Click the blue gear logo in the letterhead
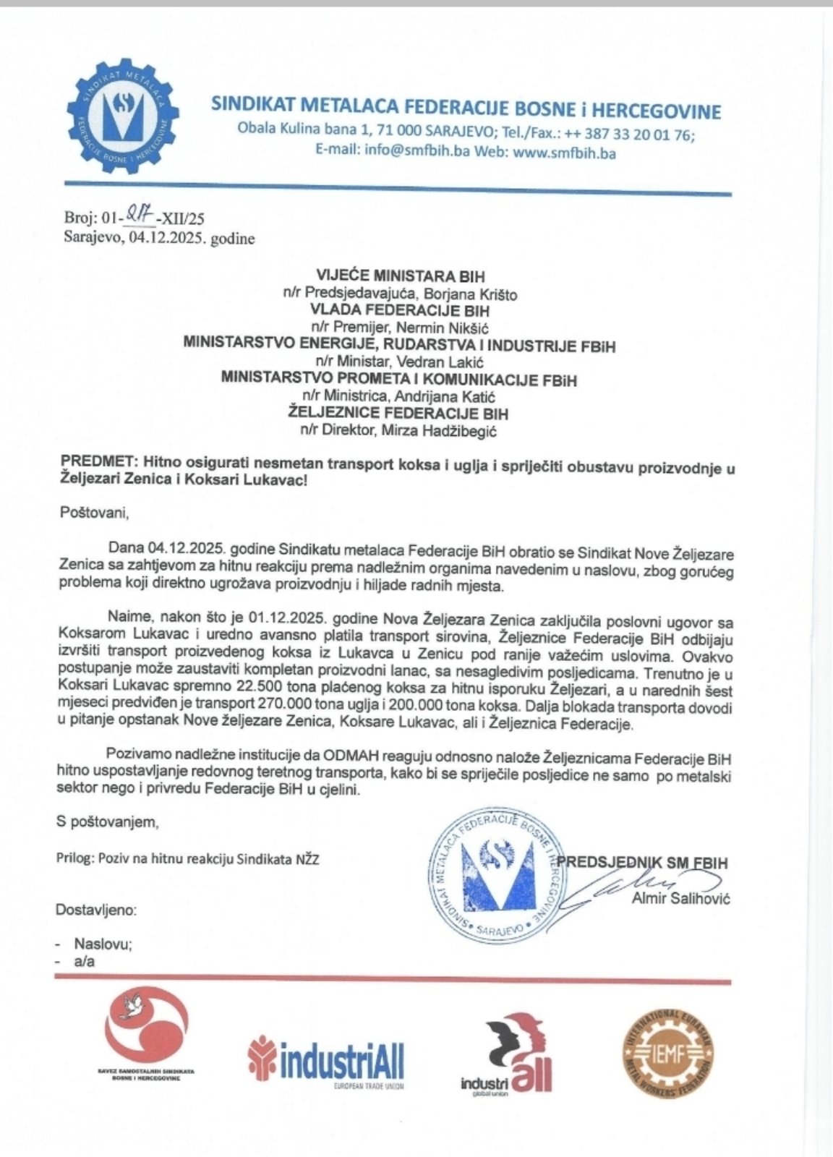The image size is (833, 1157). [x=122, y=116]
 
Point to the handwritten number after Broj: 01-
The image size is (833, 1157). [x=135, y=213]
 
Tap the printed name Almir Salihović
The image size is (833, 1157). [x=680, y=899]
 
